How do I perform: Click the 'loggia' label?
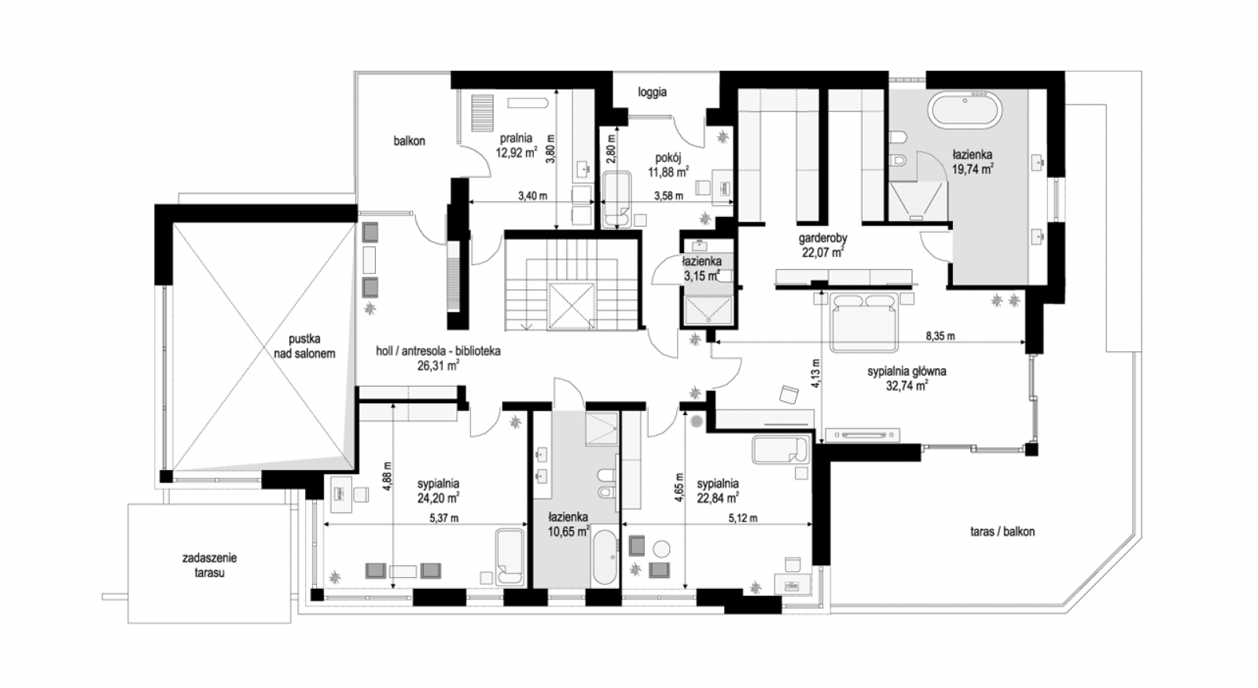pyautogui.click(x=652, y=93)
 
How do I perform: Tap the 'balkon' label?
pyautogui.click(x=409, y=141)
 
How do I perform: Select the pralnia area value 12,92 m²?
pyautogui.click(x=516, y=152)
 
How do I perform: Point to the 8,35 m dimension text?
pyautogui.click(x=940, y=337)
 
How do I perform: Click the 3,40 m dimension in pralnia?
pyautogui.click(x=532, y=196)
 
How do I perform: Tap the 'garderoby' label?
pyautogui.click(x=822, y=238)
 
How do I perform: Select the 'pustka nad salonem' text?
pyautogui.click(x=304, y=346)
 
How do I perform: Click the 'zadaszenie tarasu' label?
pyautogui.click(x=209, y=565)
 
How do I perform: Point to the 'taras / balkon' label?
pyautogui.click(x=1002, y=532)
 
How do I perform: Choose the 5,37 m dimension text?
pyautogui.click(x=443, y=518)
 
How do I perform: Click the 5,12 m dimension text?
pyautogui.click(x=742, y=518)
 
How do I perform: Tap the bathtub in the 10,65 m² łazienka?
pyautogui.click(x=605, y=557)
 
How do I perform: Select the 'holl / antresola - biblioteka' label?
pyautogui.click(x=438, y=351)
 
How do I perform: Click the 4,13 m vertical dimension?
pyautogui.click(x=816, y=374)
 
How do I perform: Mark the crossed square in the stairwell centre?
pyautogui.click(x=571, y=306)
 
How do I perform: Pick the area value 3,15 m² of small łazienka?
pyautogui.click(x=701, y=276)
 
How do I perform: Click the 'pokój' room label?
pyautogui.click(x=668, y=158)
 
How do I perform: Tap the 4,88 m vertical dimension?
pyautogui.click(x=388, y=476)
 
